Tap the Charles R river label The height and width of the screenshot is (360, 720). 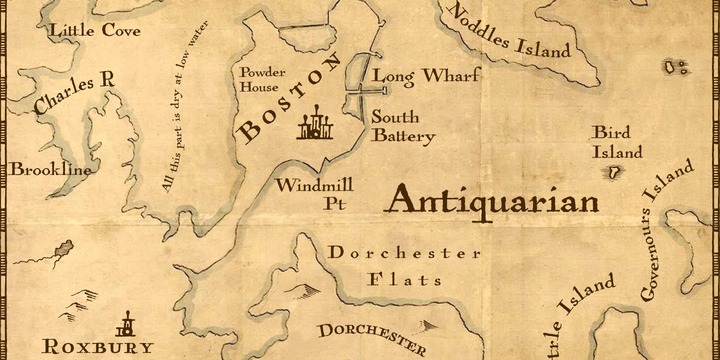click(69, 95)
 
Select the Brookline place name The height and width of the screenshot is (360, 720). click(50, 170)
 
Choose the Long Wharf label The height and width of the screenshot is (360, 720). click(426, 76)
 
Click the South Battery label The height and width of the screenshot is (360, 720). click(402, 125)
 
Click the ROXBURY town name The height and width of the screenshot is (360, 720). click(98, 347)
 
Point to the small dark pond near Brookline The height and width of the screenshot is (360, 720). click(57, 247)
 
